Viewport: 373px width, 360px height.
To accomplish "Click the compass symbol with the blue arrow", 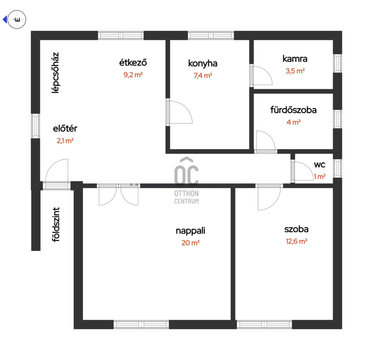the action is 15,20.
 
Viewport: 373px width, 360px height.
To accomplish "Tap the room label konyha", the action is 203,63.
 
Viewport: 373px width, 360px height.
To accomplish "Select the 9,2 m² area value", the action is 133,75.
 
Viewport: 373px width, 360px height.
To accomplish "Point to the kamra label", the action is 295,59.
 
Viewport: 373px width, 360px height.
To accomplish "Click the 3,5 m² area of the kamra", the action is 295,71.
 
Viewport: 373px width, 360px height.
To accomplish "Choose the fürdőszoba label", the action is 293,110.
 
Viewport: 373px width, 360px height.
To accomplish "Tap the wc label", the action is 319,165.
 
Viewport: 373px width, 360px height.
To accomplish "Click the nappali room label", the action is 190,230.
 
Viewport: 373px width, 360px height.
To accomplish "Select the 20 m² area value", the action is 190,242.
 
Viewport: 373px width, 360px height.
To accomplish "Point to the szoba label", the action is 297,229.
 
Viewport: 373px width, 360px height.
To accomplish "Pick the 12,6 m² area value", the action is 297,241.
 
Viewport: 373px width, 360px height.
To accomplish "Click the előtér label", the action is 65,129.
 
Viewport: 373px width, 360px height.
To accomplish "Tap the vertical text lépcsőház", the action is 55,73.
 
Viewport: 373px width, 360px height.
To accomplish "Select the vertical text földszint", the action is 55,225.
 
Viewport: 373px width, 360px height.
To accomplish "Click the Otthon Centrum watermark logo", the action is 186,180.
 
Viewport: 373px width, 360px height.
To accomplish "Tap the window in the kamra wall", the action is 338,63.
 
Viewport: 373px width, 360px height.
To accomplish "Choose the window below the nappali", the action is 141,325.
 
